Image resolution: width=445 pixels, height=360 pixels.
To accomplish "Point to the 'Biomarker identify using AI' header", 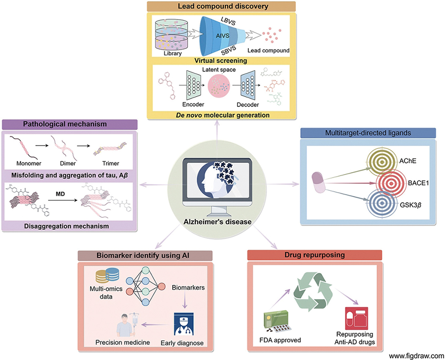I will tap(144, 255).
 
